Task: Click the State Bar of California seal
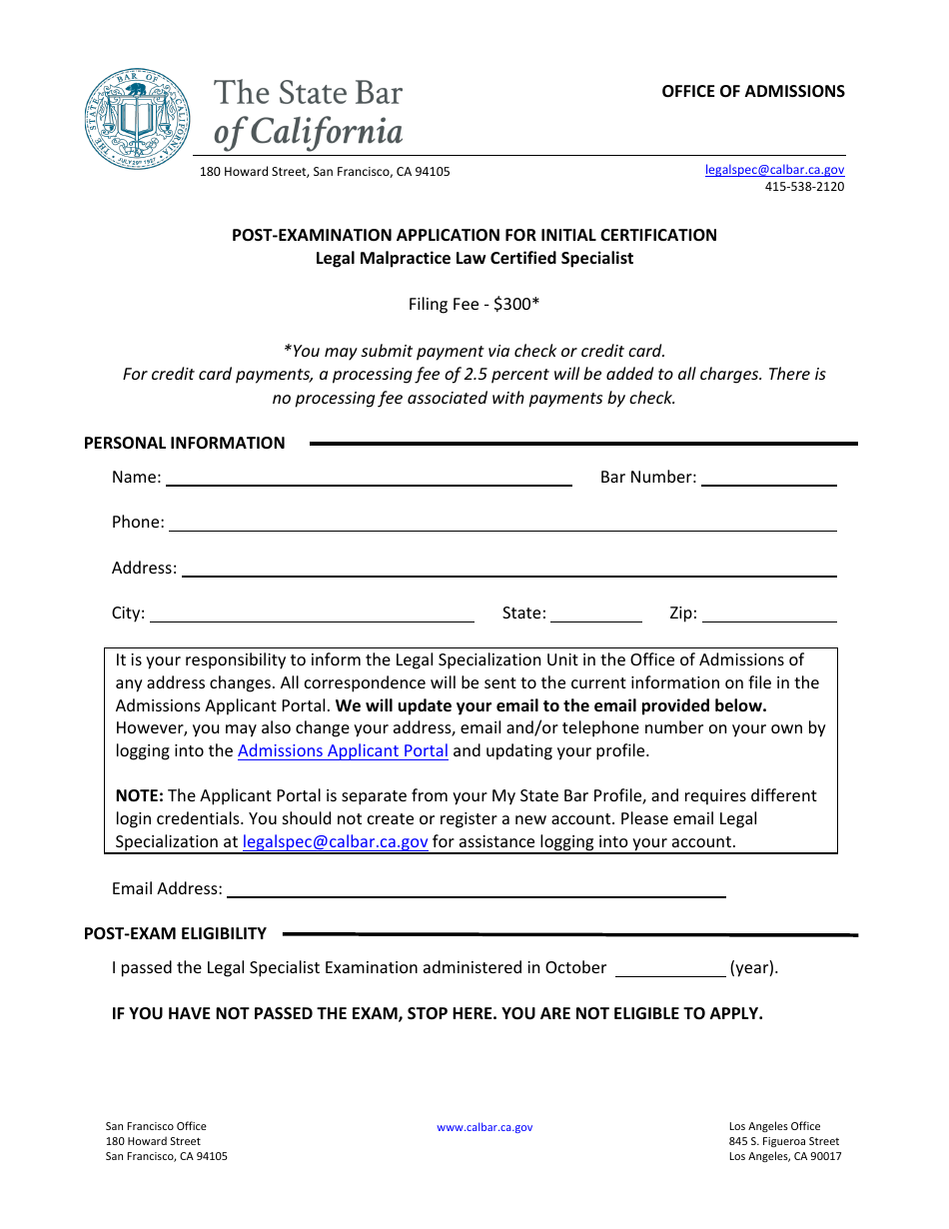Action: pyautogui.click(x=137, y=119)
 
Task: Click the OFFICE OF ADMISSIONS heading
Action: pyautogui.click(x=752, y=91)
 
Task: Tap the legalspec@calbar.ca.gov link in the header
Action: pyautogui.click(x=774, y=170)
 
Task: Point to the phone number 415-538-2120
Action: pyautogui.click(x=804, y=187)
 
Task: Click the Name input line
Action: pyautogui.click(x=369, y=477)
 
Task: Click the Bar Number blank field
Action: pyautogui.click(x=769, y=477)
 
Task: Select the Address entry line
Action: pyautogui.click(x=508, y=568)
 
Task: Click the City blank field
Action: pyautogui.click(x=312, y=613)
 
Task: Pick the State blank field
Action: pyautogui.click(x=596, y=613)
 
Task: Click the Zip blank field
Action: pyautogui.click(x=769, y=613)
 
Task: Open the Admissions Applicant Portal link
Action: pyautogui.click(x=343, y=750)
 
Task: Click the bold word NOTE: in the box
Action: pyautogui.click(x=139, y=795)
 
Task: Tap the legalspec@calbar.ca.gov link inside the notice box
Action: pyautogui.click(x=335, y=841)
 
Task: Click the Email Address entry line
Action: pyautogui.click(x=476, y=888)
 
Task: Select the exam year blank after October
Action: pyautogui.click(x=669, y=967)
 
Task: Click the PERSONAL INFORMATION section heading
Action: pyautogui.click(x=184, y=443)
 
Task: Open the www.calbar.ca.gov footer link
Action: pyautogui.click(x=484, y=1127)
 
